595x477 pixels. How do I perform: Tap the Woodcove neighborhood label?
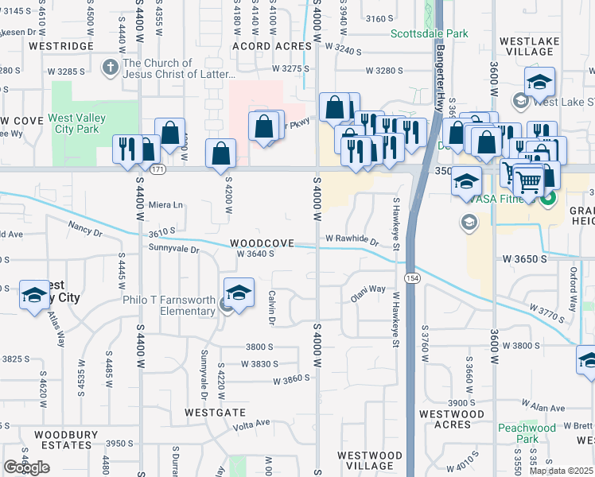pos(262,242)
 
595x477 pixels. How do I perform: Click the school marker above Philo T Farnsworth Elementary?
pos(239,294)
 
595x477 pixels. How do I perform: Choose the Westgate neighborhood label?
pos(215,413)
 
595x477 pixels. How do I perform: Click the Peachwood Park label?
pos(527,433)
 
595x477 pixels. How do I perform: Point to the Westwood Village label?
pos(365,460)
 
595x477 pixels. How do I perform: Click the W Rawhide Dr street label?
pos(351,238)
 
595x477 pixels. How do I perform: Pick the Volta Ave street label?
pos(251,423)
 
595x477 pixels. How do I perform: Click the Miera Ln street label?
pos(165,204)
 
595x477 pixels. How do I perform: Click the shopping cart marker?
pos(528,182)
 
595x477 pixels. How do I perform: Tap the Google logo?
pos(26,467)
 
